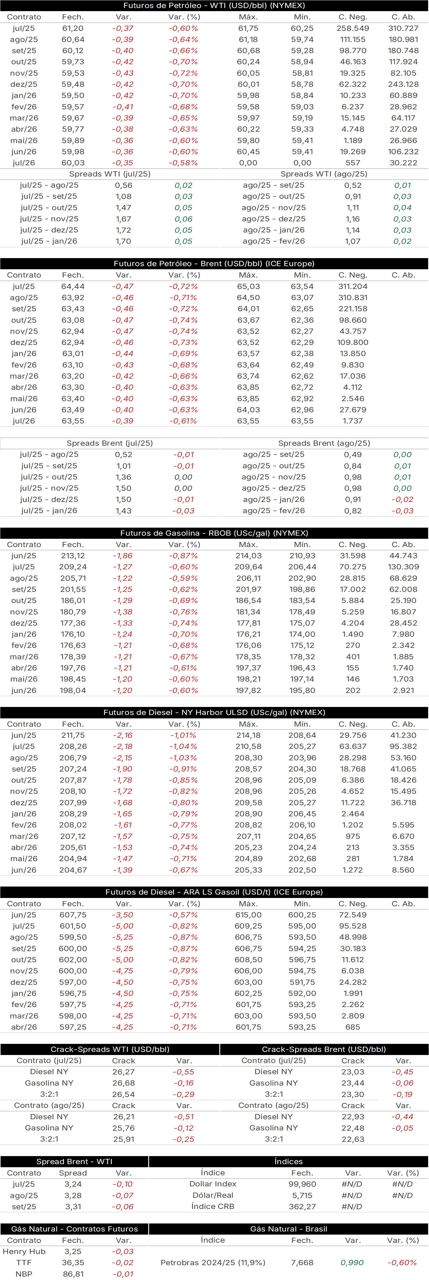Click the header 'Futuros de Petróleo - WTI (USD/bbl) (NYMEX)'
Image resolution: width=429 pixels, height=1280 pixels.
pos(214,5)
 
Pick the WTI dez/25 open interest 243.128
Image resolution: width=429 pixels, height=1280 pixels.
pos(403,85)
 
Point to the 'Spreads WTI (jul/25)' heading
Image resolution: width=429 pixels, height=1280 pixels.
pos(110,174)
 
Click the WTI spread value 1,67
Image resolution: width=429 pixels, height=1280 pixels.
pos(123,219)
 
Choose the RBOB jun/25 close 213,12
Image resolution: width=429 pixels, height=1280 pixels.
pos(73,556)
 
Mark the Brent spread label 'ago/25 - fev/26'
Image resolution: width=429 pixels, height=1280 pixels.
pos(274,511)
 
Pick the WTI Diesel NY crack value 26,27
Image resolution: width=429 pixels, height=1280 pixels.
pos(123,1072)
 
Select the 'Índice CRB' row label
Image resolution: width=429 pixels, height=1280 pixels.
pos(213,1206)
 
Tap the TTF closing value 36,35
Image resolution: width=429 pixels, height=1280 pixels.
pos(73,1263)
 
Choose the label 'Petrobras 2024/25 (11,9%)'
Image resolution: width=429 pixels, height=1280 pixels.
pos(213,1263)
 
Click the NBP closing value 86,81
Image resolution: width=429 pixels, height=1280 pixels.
pos(73,1274)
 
